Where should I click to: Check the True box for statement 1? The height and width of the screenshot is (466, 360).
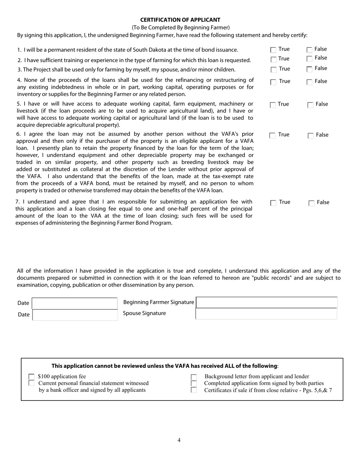click(273, 50)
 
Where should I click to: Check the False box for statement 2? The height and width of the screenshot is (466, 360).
click(310, 59)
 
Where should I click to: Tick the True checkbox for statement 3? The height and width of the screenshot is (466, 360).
click(274, 70)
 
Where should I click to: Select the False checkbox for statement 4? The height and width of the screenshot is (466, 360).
click(310, 82)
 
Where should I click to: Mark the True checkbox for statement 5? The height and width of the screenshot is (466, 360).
click(273, 105)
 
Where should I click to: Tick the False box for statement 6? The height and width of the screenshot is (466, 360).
click(311, 136)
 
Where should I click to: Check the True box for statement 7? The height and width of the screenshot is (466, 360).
click(273, 203)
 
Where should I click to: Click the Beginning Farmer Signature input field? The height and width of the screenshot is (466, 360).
click(266, 302)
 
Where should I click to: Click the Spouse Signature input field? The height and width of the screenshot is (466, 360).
click(266, 314)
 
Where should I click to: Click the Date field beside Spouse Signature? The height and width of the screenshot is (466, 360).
click(75, 315)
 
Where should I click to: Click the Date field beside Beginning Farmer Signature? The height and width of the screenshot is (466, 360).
click(75, 303)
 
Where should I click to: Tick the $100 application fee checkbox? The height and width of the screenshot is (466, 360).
click(31, 377)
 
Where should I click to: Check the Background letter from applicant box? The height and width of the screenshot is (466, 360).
click(194, 377)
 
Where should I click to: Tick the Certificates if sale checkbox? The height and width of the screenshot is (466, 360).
click(194, 390)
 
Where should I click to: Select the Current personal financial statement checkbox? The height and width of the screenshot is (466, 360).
click(31, 383)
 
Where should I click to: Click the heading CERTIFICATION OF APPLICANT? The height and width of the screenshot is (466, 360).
click(180, 20)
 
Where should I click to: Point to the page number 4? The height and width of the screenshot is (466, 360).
click(179, 440)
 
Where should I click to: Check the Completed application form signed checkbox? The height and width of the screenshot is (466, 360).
click(194, 383)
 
